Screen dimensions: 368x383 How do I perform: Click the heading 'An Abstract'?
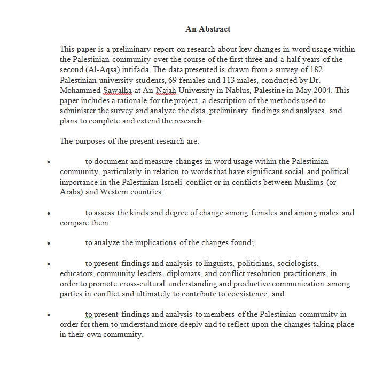[x=208, y=29]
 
